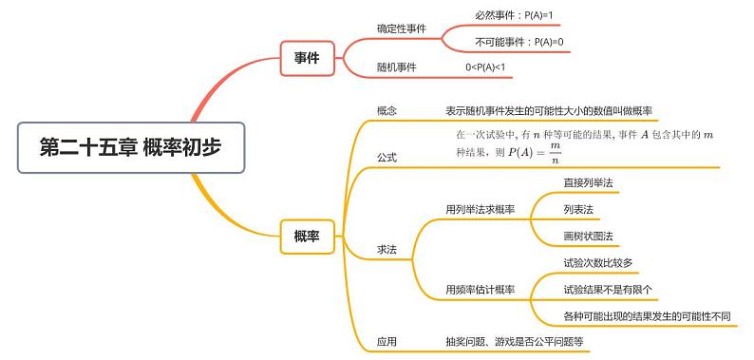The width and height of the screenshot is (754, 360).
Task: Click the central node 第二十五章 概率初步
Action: pos(133,147)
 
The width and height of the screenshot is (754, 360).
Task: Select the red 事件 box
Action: pos(307,59)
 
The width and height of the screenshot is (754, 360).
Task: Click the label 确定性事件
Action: pos(402,28)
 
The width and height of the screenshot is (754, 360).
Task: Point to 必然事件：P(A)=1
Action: pos(514,15)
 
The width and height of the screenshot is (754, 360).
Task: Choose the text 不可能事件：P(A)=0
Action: pos(519,42)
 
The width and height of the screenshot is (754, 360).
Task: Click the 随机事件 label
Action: pos(397,67)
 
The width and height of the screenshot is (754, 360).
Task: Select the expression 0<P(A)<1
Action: pos(485,67)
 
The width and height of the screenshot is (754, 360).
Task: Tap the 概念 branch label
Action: pos(386,111)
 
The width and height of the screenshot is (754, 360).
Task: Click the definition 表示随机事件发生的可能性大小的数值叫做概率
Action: pos(555,111)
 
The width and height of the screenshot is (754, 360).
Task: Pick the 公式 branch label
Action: pos(386,158)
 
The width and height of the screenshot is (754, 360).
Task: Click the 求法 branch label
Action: pos(386,249)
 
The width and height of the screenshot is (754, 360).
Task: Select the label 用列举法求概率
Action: pos(480,209)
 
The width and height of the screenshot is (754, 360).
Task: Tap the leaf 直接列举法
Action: pos(588,182)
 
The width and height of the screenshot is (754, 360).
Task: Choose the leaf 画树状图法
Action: pos(588,236)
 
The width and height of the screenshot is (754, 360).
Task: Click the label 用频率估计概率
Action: pos(480,290)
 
